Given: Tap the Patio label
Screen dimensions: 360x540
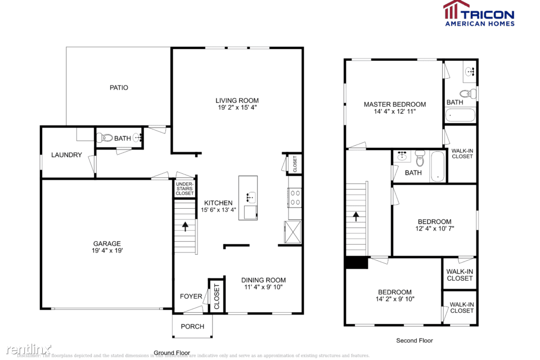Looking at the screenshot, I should (x=119, y=88).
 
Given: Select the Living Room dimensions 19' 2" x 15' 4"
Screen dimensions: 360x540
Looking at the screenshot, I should (x=237, y=107).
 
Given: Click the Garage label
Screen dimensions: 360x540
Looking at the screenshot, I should (x=107, y=244).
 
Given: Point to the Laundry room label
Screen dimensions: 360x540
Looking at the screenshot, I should (x=67, y=155).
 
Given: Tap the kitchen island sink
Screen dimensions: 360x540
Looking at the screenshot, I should (x=250, y=197).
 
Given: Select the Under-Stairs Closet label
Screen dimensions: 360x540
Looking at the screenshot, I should (x=184, y=188).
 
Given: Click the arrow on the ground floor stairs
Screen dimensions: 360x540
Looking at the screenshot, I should (x=185, y=226).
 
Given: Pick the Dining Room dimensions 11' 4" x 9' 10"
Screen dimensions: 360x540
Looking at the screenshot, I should (x=263, y=287).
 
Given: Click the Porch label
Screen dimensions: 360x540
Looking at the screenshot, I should (x=192, y=327).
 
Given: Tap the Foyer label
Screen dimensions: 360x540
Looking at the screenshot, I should (x=191, y=296).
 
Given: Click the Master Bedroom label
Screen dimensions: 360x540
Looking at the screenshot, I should (x=394, y=104).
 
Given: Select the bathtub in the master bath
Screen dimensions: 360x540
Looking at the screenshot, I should (x=460, y=116).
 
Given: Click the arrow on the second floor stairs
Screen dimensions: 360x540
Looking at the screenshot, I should (x=355, y=216).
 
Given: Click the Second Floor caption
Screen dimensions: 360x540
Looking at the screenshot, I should (x=415, y=340).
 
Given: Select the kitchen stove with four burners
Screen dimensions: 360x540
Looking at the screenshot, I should (x=295, y=197).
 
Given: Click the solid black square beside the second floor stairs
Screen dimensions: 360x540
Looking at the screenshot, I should (x=355, y=263).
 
